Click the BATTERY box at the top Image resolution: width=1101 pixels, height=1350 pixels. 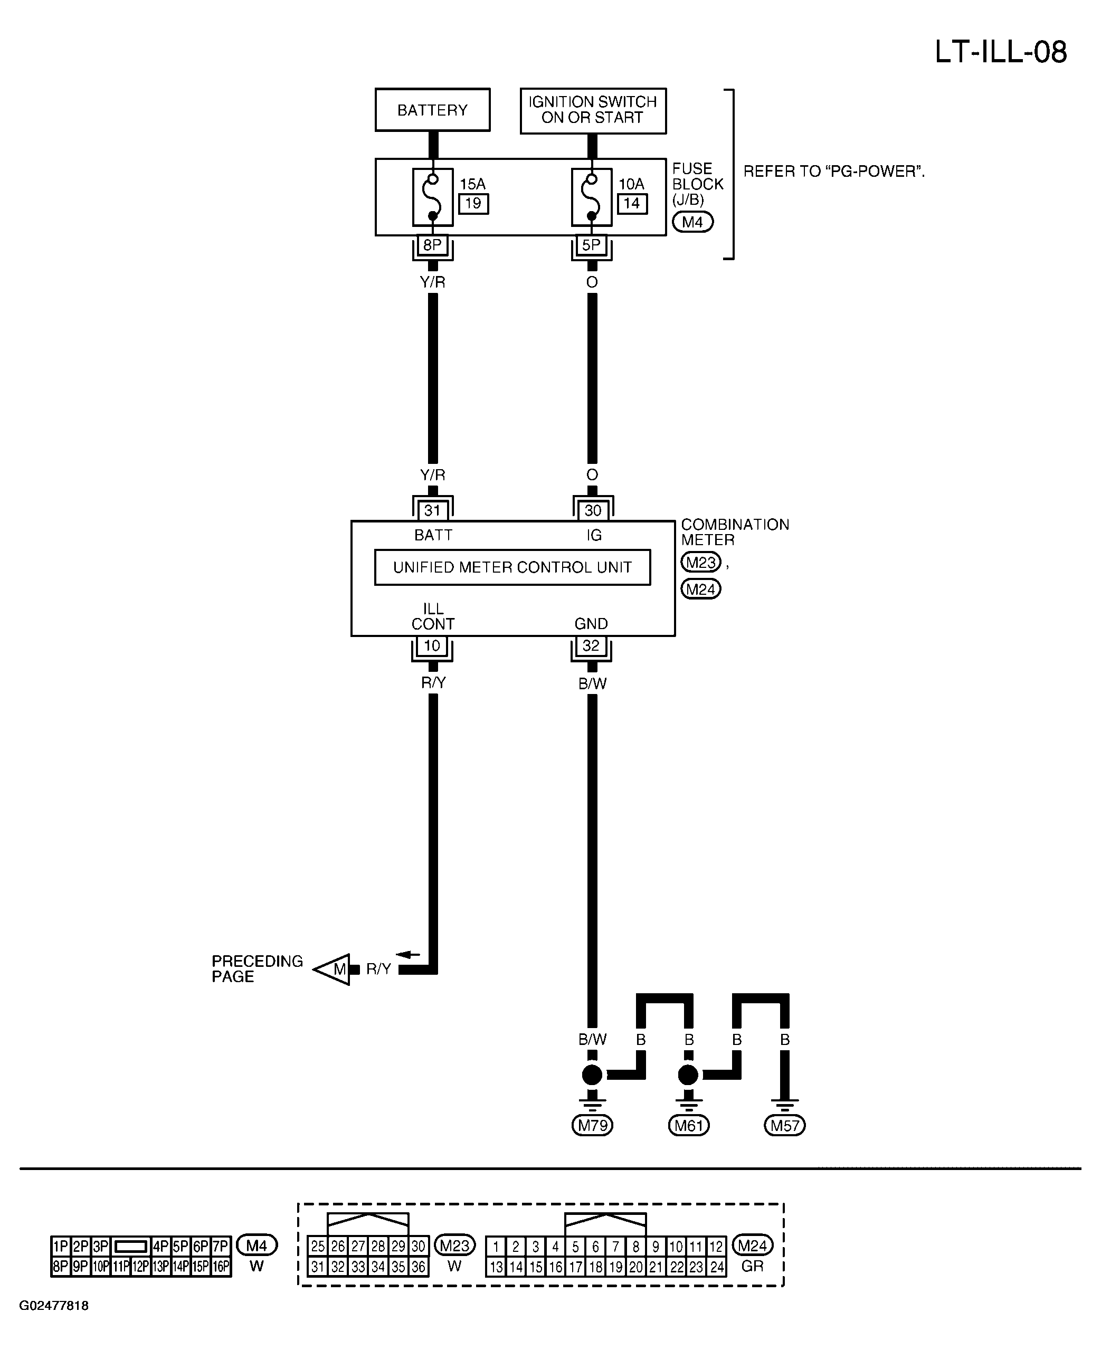(x=433, y=110)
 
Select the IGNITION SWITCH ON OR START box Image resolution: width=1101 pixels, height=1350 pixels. (x=593, y=111)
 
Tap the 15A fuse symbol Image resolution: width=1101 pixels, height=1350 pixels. (x=433, y=197)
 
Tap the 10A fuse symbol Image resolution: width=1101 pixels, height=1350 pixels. (x=592, y=197)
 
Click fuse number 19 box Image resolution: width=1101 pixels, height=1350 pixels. (x=473, y=204)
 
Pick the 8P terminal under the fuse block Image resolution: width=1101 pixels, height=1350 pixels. (x=433, y=245)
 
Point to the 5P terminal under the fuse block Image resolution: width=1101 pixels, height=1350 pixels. (x=591, y=245)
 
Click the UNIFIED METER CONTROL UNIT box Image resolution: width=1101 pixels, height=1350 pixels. (x=512, y=567)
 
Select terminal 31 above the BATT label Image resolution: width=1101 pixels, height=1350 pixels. (x=433, y=510)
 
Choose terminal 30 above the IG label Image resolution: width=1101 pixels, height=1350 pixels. (x=592, y=510)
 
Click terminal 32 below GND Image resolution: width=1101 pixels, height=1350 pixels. (x=591, y=645)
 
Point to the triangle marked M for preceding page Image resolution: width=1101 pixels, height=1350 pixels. (x=333, y=969)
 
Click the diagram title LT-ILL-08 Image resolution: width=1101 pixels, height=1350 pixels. (x=1001, y=52)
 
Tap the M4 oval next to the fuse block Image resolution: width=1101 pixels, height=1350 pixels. (x=692, y=222)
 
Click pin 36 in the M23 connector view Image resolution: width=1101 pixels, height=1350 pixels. (x=419, y=1267)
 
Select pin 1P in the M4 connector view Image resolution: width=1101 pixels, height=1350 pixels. (x=61, y=1247)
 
